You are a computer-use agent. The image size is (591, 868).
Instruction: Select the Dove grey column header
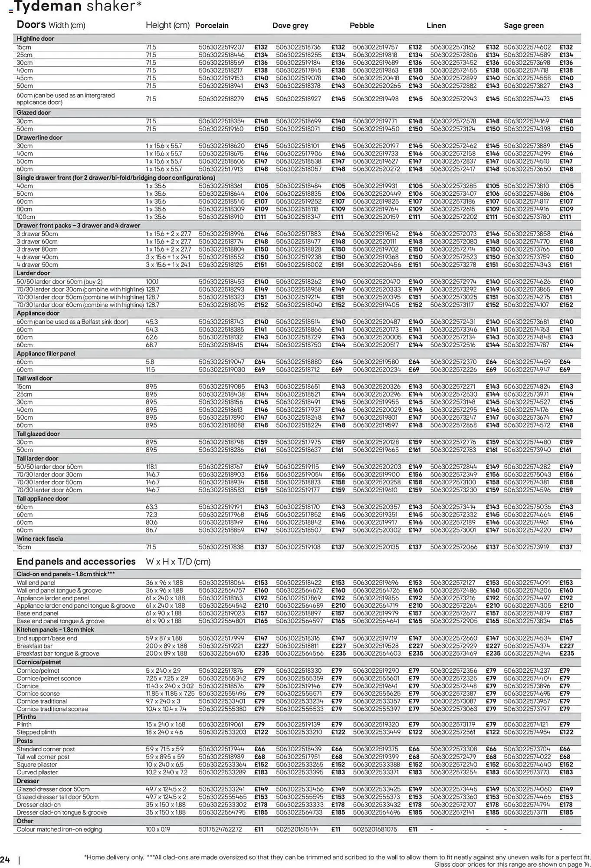click(x=290, y=26)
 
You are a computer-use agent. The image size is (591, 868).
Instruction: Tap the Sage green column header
click(x=523, y=26)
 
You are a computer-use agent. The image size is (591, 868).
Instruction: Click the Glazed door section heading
click(x=33, y=112)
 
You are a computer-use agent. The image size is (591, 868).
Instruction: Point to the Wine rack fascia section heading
click(x=40, y=539)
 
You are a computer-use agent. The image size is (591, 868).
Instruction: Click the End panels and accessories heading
click(x=76, y=562)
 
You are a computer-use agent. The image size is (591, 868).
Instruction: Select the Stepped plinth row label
click(x=36, y=732)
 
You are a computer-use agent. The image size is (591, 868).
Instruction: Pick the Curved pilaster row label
click(x=37, y=772)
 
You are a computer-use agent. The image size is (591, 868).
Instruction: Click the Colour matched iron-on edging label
click(x=59, y=829)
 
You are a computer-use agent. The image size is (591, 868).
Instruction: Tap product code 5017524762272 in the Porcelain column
click(x=220, y=829)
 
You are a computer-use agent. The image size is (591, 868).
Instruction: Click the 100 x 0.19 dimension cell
click(x=158, y=829)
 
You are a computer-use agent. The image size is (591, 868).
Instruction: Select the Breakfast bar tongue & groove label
click(x=58, y=654)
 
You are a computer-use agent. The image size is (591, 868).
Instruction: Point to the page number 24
click(x=5, y=860)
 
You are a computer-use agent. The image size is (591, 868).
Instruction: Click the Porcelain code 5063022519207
click(x=221, y=47)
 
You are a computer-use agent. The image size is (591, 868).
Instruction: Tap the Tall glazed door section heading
click(x=38, y=434)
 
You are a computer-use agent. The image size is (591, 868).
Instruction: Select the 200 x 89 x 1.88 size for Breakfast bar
click(x=166, y=646)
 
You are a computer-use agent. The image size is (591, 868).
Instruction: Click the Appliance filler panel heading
click(x=46, y=353)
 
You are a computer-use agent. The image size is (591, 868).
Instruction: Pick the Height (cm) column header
click(x=167, y=25)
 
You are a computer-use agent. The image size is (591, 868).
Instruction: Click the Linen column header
click(x=436, y=26)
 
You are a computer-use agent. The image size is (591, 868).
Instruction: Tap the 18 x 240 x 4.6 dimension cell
click(x=164, y=732)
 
